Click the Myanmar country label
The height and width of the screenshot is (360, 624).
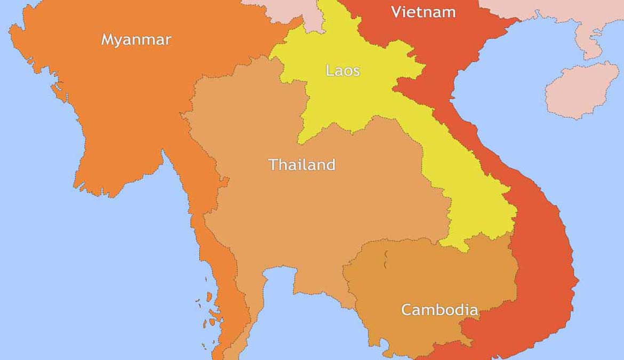pos(136,39)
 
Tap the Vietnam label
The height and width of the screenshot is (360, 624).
pos(423,12)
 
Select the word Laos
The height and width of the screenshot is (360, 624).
pos(342,70)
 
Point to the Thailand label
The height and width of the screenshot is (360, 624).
pos(302,164)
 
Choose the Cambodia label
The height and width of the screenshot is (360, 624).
pos(439,309)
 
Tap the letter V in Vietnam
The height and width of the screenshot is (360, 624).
pos(396,12)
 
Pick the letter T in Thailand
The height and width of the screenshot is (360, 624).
pos(273,164)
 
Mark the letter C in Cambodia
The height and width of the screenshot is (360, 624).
pos(406,309)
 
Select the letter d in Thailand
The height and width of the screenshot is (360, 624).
pos(330,164)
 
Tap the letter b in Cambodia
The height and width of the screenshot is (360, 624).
pos(446,309)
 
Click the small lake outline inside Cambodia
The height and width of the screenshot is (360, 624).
pos(385,260)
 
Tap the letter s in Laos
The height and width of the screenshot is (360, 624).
pos(356,71)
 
